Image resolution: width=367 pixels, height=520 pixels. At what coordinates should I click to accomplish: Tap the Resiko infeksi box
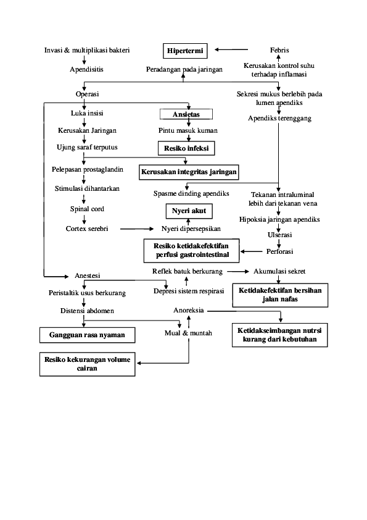pos(186,148)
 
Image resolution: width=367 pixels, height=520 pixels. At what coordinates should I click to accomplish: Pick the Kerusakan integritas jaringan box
pos(189,172)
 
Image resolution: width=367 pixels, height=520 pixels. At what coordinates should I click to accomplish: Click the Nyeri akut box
pos(189,211)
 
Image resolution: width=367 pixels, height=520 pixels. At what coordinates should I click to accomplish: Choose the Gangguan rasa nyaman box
pos(86,335)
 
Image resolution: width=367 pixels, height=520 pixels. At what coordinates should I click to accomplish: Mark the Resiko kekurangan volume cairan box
pos(87,364)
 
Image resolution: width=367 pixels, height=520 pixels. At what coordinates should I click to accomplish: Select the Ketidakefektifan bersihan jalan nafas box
pos(280,295)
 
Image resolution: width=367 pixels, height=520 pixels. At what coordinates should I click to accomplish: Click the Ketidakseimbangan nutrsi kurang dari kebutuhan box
pos(279,335)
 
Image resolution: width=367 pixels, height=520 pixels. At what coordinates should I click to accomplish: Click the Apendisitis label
pos(86,69)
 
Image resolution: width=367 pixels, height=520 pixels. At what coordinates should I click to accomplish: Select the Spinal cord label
pos(87,209)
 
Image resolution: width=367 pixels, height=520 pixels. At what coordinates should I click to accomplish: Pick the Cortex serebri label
pos(87,229)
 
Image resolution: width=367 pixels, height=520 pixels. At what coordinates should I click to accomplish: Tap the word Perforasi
pos(279,251)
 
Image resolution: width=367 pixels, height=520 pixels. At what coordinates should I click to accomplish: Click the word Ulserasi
pos(279,235)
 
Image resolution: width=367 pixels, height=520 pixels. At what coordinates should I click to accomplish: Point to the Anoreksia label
pos(189,310)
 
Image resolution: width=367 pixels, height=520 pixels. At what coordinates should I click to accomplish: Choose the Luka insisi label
pos(87,114)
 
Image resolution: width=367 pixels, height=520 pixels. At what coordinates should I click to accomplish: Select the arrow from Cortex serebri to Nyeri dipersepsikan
pos(136,229)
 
